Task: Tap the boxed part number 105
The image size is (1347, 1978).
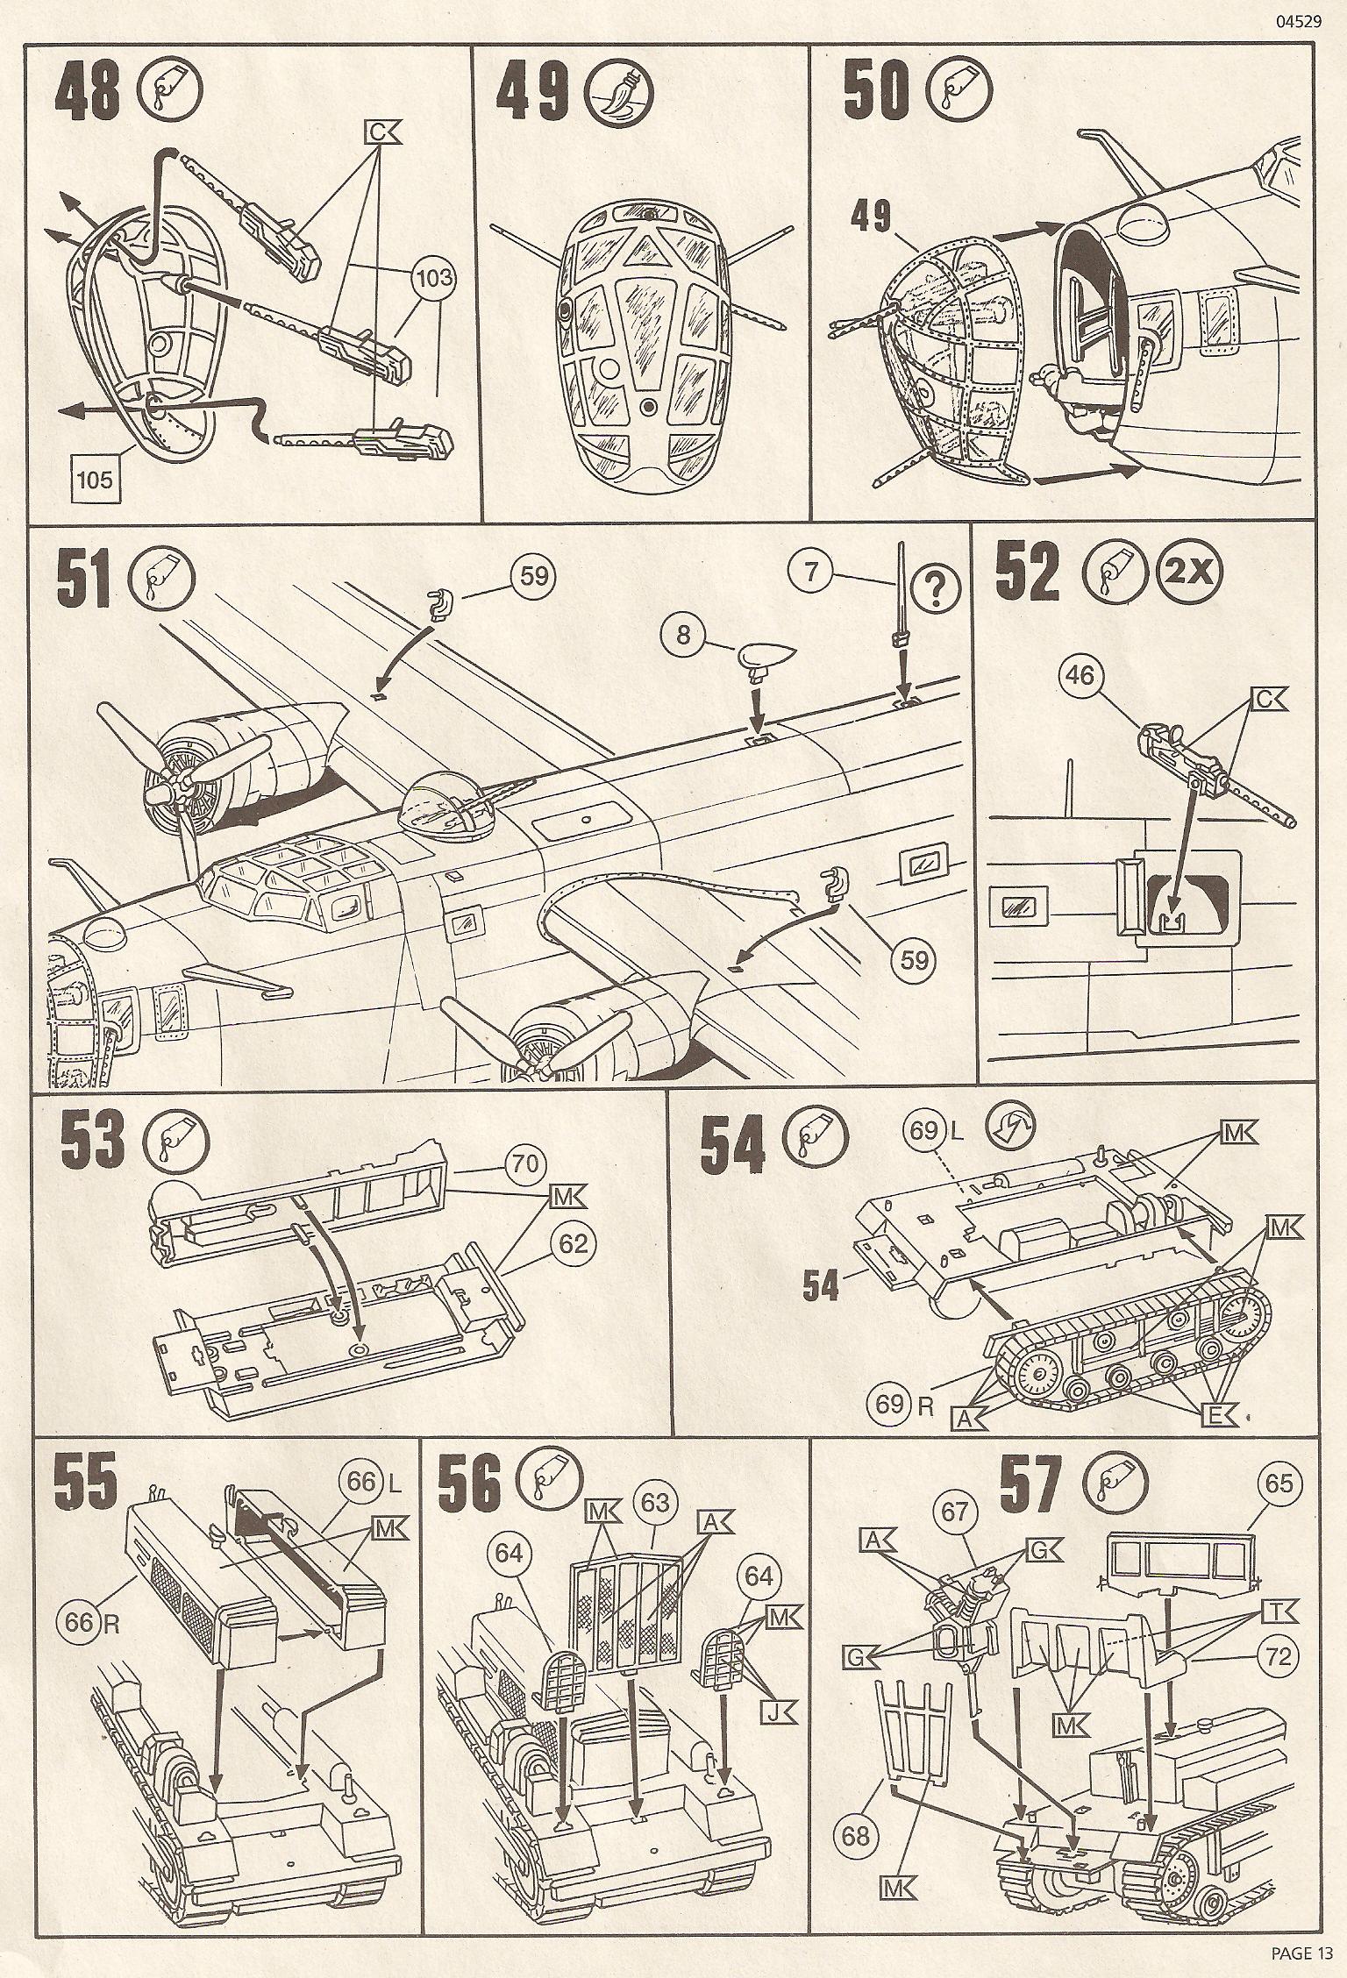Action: (95, 480)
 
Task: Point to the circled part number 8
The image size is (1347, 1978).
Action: (685, 635)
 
